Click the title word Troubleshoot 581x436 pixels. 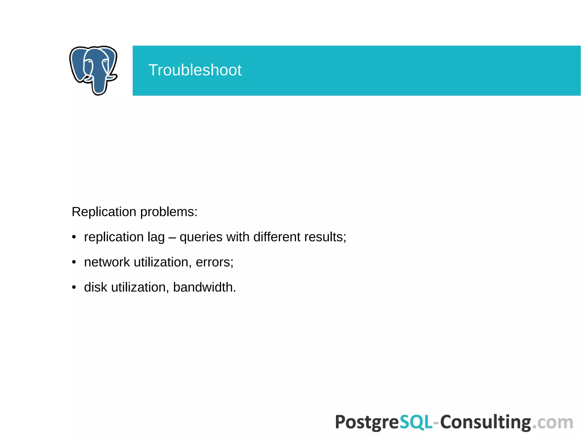pyautogui.click(x=195, y=70)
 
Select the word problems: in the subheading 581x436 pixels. pyautogui.click(x=169, y=212)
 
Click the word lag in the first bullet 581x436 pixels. pyautogui.click(x=156, y=237)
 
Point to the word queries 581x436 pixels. pyautogui.click(x=201, y=237)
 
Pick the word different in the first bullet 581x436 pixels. pyautogui.click(x=277, y=237)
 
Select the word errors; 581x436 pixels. pyautogui.click(x=214, y=262)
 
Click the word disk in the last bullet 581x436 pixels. pyautogui.click(x=96, y=287)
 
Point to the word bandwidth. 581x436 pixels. pyautogui.click(x=204, y=287)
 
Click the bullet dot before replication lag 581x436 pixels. pyautogui.click(x=74, y=237)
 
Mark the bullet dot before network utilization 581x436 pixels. pyautogui.click(x=74, y=262)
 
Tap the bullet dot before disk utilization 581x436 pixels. pyautogui.click(x=74, y=287)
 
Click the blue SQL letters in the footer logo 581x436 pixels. pyautogui.click(x=416, y=422)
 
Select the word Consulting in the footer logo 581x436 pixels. pyautogui.click(x=485, y=422)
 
